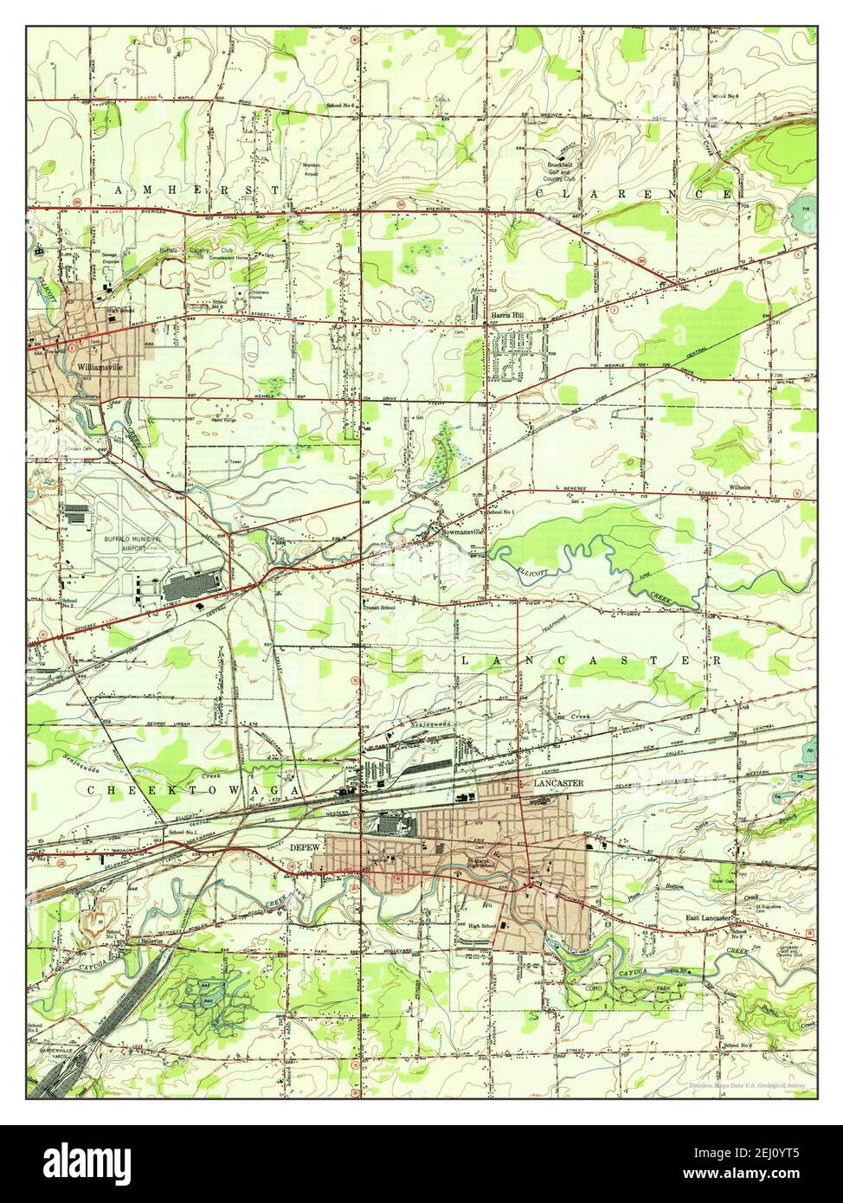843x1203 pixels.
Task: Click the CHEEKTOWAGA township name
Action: (192, 790)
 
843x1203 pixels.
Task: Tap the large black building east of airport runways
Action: (193, 589)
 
